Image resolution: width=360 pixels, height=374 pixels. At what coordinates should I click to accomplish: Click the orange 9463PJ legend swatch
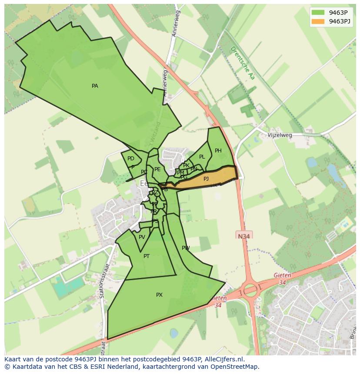click(318, 21)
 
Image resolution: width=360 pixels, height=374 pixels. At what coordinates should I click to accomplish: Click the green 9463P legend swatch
click(318, 13)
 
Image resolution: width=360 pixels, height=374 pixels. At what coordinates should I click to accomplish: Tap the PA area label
click(95, 86)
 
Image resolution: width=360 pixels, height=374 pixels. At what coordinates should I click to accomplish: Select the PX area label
click(159, 295)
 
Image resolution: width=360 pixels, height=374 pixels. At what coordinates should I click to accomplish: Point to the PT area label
click(147, 256)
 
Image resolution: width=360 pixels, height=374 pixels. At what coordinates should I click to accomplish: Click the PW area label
click(186, 248)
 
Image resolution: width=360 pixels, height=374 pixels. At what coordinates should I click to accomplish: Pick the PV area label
click(142, 237)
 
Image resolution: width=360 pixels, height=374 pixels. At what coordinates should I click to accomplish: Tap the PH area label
click(218, 151)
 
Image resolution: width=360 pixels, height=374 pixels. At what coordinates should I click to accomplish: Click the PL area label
click(202, 157)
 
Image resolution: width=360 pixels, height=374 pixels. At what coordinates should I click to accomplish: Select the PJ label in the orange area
click(206, 179)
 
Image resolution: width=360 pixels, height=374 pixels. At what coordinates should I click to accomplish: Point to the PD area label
click(131, 159)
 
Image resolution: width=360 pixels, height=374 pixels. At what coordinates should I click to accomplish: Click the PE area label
click(157, 169)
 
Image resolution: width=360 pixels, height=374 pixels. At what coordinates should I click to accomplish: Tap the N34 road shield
click(244, 236)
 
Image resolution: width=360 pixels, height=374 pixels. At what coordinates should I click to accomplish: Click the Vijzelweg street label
click(280, 135)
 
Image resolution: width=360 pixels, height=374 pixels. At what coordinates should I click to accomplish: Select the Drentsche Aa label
click(242, 63)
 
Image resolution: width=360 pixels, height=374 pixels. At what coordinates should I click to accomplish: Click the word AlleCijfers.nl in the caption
click(223, 359)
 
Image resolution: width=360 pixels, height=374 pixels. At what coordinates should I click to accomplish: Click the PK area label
click(186, 165)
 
